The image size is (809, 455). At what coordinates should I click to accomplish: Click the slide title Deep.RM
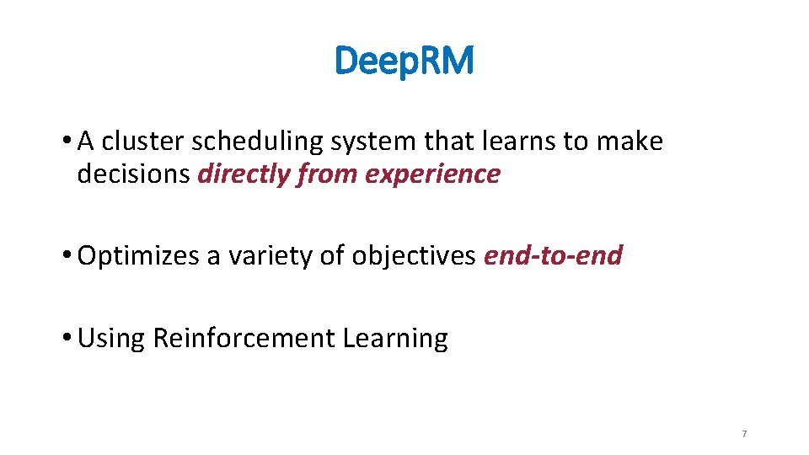point(404,60)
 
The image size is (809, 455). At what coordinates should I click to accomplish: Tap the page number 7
point(744,434)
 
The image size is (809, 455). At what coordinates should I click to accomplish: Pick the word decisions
point(133,174)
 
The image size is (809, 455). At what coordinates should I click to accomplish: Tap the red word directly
point(240,174)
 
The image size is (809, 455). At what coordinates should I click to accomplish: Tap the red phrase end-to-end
point(553,255)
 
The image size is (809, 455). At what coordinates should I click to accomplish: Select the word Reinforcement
point(244,338)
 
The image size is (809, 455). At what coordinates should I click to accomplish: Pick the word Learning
point(395,339)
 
